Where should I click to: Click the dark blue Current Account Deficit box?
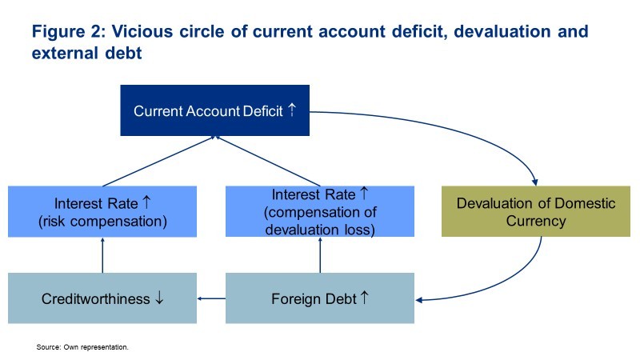tap(214, 110)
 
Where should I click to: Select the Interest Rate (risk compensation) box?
tap(102, 211)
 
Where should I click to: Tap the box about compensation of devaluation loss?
tap(320, 211)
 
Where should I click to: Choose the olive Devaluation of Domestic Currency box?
tap(536, 211)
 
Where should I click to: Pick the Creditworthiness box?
tap(102, 298)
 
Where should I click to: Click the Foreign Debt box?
tap(320, 298)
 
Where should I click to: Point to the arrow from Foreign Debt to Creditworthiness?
tap(211, 298)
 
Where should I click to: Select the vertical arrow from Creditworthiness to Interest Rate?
tap(102, 255)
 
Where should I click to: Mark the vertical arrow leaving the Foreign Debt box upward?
tap(320, 255)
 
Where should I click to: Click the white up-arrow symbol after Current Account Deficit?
tap(292, 110)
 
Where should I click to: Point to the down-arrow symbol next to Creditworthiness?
tap(159, 298)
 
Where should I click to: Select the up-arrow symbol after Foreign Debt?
tap(365, 298)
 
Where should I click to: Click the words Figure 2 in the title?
tap(69, 31)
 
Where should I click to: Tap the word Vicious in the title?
tap(142, 31)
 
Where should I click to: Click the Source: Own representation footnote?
tap(82, 347)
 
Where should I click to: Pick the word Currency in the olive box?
tap(536, 221)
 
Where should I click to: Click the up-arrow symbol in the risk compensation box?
tap(146, 202)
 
